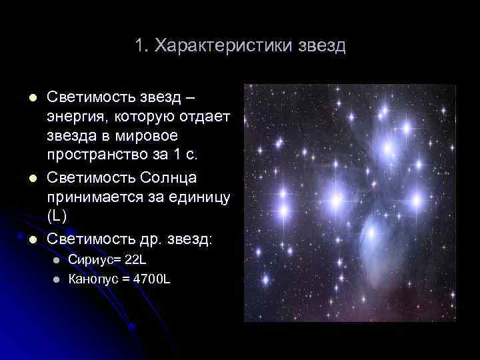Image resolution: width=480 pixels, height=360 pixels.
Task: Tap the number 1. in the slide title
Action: pos(141,46)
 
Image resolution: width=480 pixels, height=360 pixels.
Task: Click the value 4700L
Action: pos(152,279)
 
